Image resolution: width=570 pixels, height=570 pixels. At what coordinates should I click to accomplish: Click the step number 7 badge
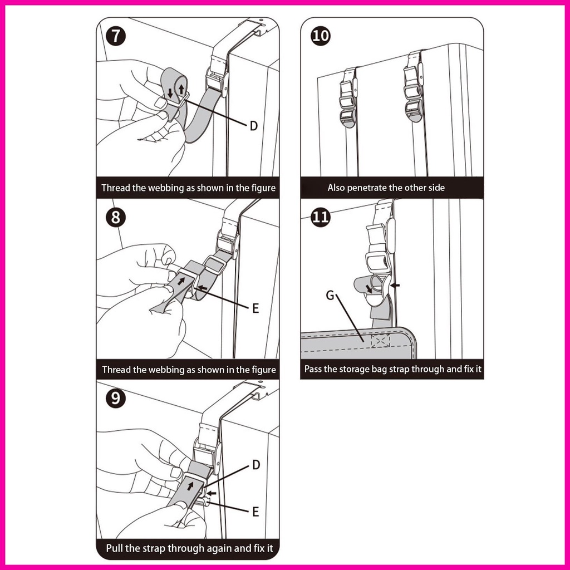click(116, 36)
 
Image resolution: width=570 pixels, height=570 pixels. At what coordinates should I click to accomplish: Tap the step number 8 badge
click(116, 218)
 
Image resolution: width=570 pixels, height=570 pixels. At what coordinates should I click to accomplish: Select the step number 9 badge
click(116, 398)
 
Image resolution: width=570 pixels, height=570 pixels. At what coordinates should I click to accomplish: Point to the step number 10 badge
click(321, 36)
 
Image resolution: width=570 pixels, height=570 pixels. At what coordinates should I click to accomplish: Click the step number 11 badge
click(321, 218)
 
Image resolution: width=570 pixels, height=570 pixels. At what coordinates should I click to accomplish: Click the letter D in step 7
click(254, 126)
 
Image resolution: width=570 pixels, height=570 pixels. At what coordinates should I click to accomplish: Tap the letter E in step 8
click(255, 308)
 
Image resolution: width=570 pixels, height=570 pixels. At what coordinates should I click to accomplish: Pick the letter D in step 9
click(256, 465)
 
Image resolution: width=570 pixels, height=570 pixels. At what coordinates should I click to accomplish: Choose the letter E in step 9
click(256, 512)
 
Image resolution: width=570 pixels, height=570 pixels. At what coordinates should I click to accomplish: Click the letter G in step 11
click(330, 295)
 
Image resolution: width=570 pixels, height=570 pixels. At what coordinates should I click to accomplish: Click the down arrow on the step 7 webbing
click(170, 92)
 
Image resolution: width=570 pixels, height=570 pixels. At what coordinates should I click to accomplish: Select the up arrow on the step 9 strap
click(190, 485)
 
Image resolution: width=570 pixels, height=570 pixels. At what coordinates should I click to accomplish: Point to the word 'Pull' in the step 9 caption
click(115, 548)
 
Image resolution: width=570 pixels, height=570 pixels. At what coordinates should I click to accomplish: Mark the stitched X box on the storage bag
click(380, 341)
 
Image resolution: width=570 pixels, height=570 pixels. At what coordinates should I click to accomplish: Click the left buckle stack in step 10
click(348, 98)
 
